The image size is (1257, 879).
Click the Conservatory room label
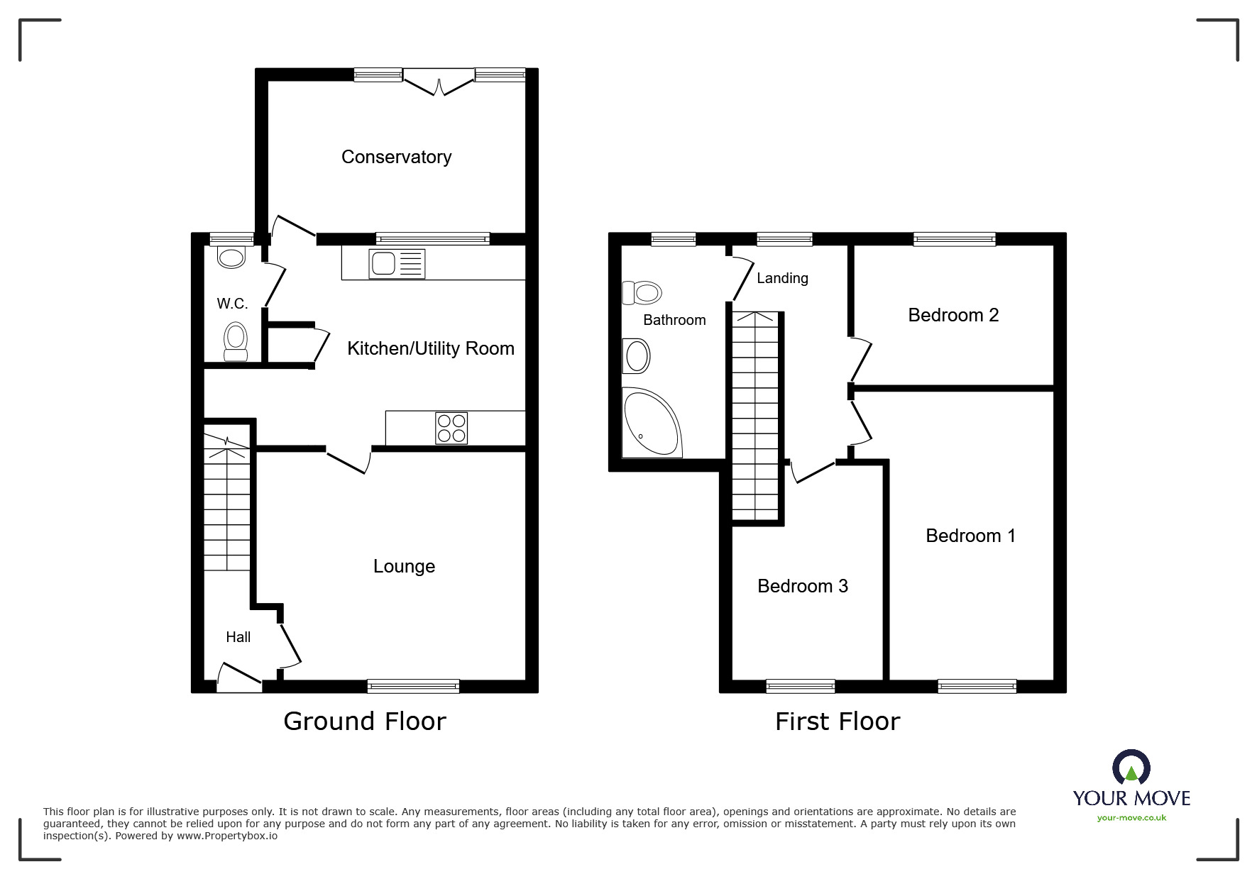[396, 157]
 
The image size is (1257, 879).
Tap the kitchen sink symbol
[396, 263]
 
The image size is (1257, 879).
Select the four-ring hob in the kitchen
[451, 428]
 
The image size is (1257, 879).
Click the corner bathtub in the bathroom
[649, 423]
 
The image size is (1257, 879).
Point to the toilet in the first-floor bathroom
[642, 292]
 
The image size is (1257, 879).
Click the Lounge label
[404, 566]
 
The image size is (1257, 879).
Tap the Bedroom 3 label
[802, 586]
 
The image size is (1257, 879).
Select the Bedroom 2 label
[953, 315]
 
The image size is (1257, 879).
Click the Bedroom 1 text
[970, 536]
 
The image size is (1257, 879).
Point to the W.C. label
[232, 304]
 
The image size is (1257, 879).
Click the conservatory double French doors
[439, 82]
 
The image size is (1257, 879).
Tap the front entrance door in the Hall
[238, 678]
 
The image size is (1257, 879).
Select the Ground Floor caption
[364, 722]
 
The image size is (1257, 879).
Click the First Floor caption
[837, 722]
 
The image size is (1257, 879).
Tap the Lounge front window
[413, 686]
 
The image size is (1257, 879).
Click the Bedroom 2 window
[954, 239]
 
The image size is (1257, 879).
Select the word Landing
[782, 278]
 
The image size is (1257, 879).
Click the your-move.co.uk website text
[1131, 818]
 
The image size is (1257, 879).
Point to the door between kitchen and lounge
[348, 459]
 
